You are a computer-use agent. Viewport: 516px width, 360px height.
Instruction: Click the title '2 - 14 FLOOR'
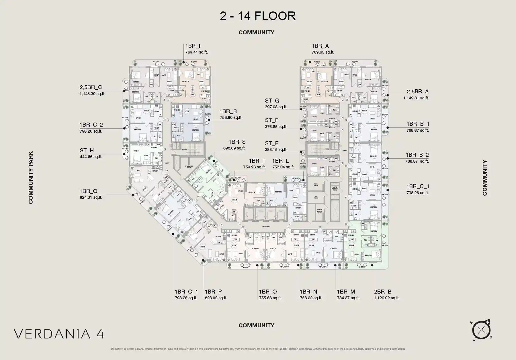(x=257, y=16)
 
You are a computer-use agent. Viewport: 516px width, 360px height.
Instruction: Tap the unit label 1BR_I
(x=193, y=46)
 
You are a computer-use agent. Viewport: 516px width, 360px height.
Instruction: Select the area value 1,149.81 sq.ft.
(x=416, y=98)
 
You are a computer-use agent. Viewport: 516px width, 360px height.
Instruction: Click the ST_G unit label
(x=272, y=101)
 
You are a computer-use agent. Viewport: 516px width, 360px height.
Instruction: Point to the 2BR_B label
(x=382, y=292)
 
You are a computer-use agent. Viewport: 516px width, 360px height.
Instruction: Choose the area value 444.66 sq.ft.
(x=91, y=157)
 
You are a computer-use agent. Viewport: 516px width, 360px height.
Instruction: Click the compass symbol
(x=481, y=330)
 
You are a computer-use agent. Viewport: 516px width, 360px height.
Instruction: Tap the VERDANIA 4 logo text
(x=59, y=334)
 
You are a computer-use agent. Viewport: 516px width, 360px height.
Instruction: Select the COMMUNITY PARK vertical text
(x=31, y=178)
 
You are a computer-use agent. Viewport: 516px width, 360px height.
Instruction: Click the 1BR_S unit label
(x=237, y=142)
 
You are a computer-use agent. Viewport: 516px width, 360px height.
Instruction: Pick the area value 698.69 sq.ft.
(x=234, y=148)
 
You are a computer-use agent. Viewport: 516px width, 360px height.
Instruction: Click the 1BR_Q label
(x=88, y=191)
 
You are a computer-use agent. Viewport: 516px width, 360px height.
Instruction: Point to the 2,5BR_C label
(x=91, y=87)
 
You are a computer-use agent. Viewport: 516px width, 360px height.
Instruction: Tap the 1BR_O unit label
(x=268, y=292)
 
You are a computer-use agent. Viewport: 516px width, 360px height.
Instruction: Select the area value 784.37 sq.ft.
(x=348, y=298)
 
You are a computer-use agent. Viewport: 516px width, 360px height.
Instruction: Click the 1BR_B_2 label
(x=417, y=155)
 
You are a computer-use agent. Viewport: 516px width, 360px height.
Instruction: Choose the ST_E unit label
(x=271, y=143)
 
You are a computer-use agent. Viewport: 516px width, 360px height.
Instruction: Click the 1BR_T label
(x=257, y=161)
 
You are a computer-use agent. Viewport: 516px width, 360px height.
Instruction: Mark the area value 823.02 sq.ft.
(x=216, y=298)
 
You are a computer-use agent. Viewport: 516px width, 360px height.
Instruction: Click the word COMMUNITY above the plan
(x=256, y=32)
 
